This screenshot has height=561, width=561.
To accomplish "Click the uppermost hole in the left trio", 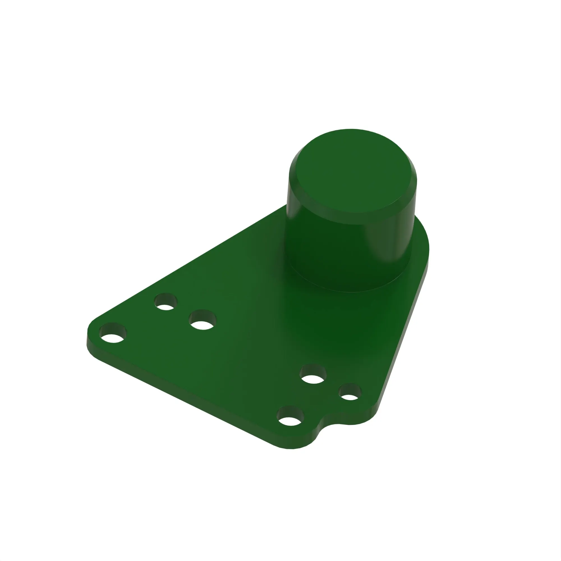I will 166,302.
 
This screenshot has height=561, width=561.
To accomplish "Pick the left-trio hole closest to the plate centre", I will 203,320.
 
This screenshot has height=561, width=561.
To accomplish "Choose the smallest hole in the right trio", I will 350,392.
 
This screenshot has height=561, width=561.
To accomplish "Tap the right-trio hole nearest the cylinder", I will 313,374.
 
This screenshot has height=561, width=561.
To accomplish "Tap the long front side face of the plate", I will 189,398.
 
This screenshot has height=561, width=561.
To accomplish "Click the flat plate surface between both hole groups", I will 256,348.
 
